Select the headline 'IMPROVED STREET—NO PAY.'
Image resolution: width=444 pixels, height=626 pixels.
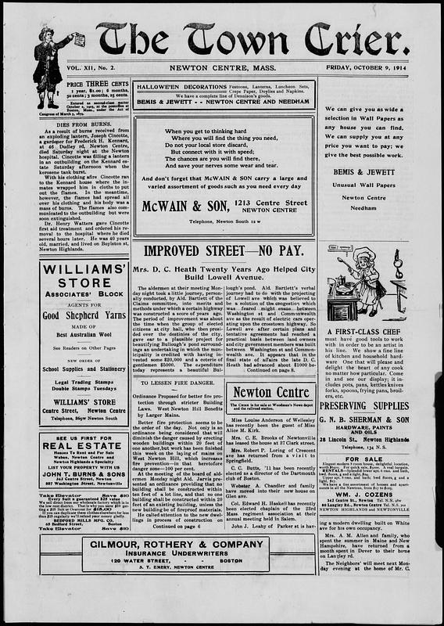pos(224,251)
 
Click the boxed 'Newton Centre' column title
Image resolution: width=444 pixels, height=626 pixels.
pos(270,392)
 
